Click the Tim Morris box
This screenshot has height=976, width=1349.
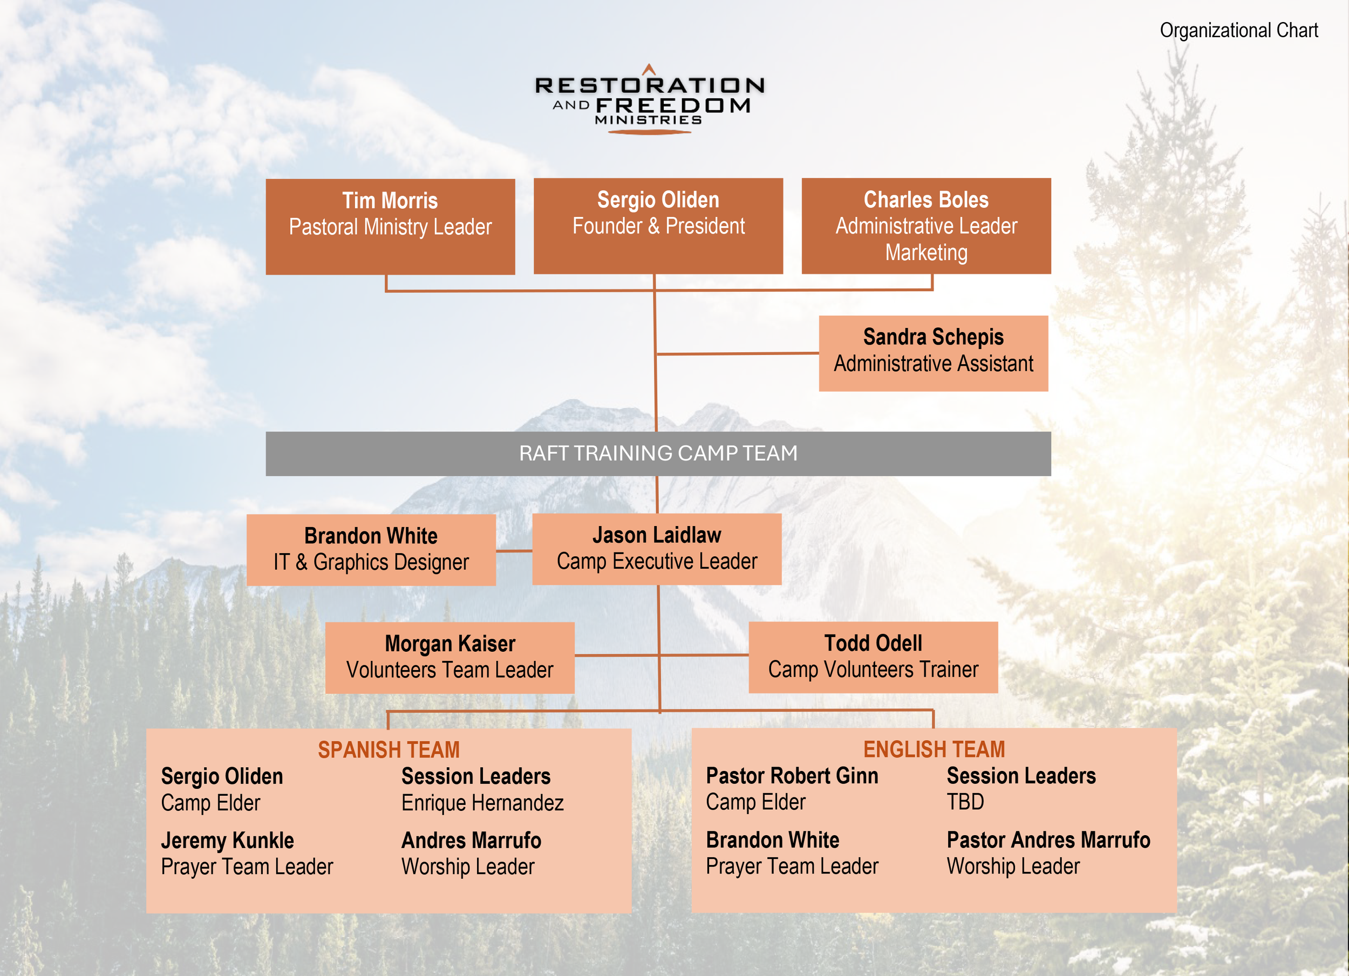pyautogui.click(x=390, y=227)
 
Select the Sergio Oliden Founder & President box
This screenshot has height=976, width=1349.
pyautogui.click(x=658, y=226)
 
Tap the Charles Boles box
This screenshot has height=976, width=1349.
pyautogui.click(x=926, y=226)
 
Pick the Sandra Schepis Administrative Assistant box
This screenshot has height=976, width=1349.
pyautogui.click(x=933, y=353)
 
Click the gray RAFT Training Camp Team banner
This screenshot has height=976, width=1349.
pyautogui.click(x=658, y=454)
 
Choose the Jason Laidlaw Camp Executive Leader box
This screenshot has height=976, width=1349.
pyautogui.click(x=657, y=549)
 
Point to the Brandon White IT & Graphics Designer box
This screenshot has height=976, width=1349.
pyautogui.click(x=371, y=550)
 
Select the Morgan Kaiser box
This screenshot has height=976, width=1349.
pyautogui.click(x=449, y=658)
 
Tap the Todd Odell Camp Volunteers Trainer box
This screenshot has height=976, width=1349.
pyautogui.click(x=873, y=657)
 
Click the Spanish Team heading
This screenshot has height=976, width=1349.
pyautogui.click(x=389, y=749)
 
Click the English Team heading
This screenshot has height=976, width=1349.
pyautogui.click(x=934, y=749)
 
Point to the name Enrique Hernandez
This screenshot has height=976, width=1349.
pyautogui.click(x=482, y=803)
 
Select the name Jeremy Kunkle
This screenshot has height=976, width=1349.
pyautogui.click(x=227, y=841)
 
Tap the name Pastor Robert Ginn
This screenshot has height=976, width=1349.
pyautogui.click(x=792, y=775)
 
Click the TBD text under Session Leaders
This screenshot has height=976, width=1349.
pyautogui.click(x=965, y=802)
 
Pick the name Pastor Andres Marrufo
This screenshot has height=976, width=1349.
pyautogui.click(x=1048, y=840)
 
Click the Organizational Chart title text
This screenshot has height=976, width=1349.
pyautogui.click(x=1239, y=30)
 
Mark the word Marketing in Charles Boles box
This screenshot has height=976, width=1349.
pyautogui.click(x=926, y=252)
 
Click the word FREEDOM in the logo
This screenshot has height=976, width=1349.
pyautogui.click(x=673, y=106)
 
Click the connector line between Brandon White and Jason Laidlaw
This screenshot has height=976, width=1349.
pyautogui.click(x=514, y=551)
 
